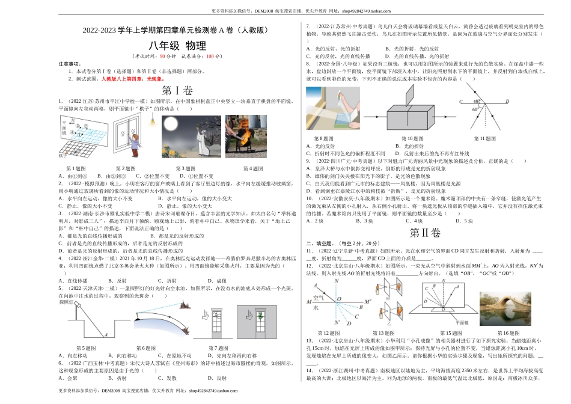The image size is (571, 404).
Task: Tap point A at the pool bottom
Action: click(105, 335)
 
